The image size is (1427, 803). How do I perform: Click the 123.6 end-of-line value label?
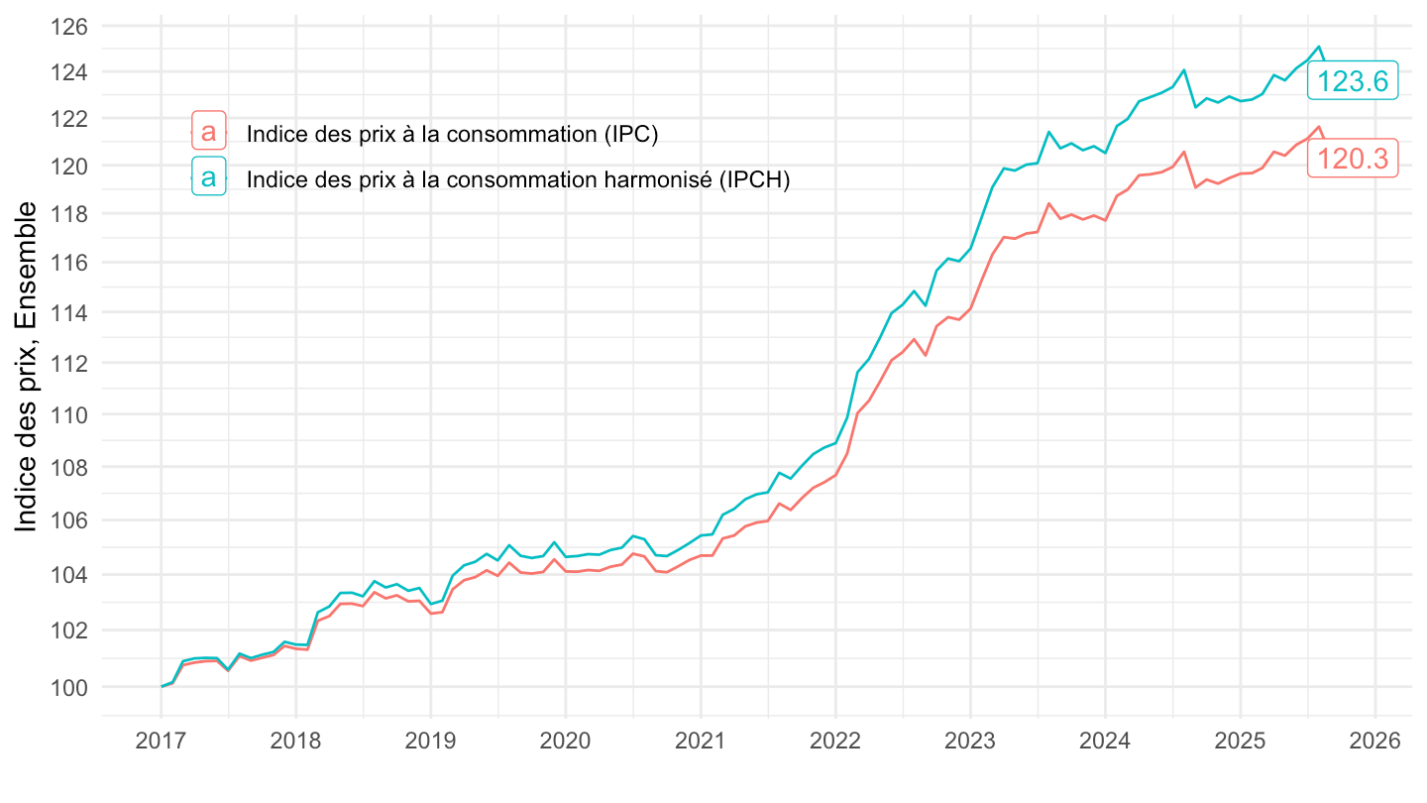(1352, 81)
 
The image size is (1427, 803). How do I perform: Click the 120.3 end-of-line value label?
(1352, 158)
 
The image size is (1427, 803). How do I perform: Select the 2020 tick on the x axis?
(565, 741)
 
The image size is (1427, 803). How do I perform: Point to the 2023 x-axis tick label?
(970, 741)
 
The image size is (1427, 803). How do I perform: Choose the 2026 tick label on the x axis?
(1374, 741)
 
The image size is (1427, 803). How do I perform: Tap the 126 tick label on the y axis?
(68, 26)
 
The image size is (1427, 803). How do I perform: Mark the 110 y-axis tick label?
(68, 414)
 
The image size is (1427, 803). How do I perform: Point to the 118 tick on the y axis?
(68, 214)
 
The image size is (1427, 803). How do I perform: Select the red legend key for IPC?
(208, 132)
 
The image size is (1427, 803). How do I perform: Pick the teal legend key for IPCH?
(208, 178)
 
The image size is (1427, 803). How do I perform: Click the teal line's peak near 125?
(1319, 47)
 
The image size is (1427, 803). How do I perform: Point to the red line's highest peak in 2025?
(1319, 127)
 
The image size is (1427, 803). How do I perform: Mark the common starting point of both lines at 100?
(162, 686)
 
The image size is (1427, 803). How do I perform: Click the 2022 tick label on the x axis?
(835, 741)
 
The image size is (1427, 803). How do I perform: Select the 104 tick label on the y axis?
(68, 575)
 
